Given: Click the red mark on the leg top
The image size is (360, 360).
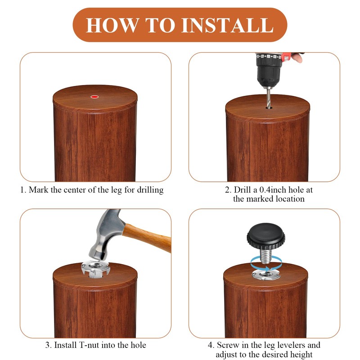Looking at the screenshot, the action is (x=94, y=97).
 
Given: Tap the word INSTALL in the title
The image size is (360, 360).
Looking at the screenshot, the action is (x=227, y=25).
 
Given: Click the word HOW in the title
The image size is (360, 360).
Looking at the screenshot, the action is (x=112, y=25).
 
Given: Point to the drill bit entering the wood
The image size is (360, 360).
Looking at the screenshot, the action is (x=268, y=97).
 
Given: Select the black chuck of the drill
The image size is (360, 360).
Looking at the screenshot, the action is (x=269, y=70).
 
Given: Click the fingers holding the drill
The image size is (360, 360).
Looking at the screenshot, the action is (x=297, y=58).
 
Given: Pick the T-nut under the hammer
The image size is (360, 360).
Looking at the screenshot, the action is (x=95, y=269).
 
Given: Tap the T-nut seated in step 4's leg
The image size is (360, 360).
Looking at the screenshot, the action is (x=266, y=275).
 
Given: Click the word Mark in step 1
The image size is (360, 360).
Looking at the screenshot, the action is (x=39, y=190).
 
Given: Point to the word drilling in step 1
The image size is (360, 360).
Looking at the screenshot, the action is (x=150, y=190).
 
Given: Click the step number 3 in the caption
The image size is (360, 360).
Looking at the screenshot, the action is (x=48, y=345).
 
